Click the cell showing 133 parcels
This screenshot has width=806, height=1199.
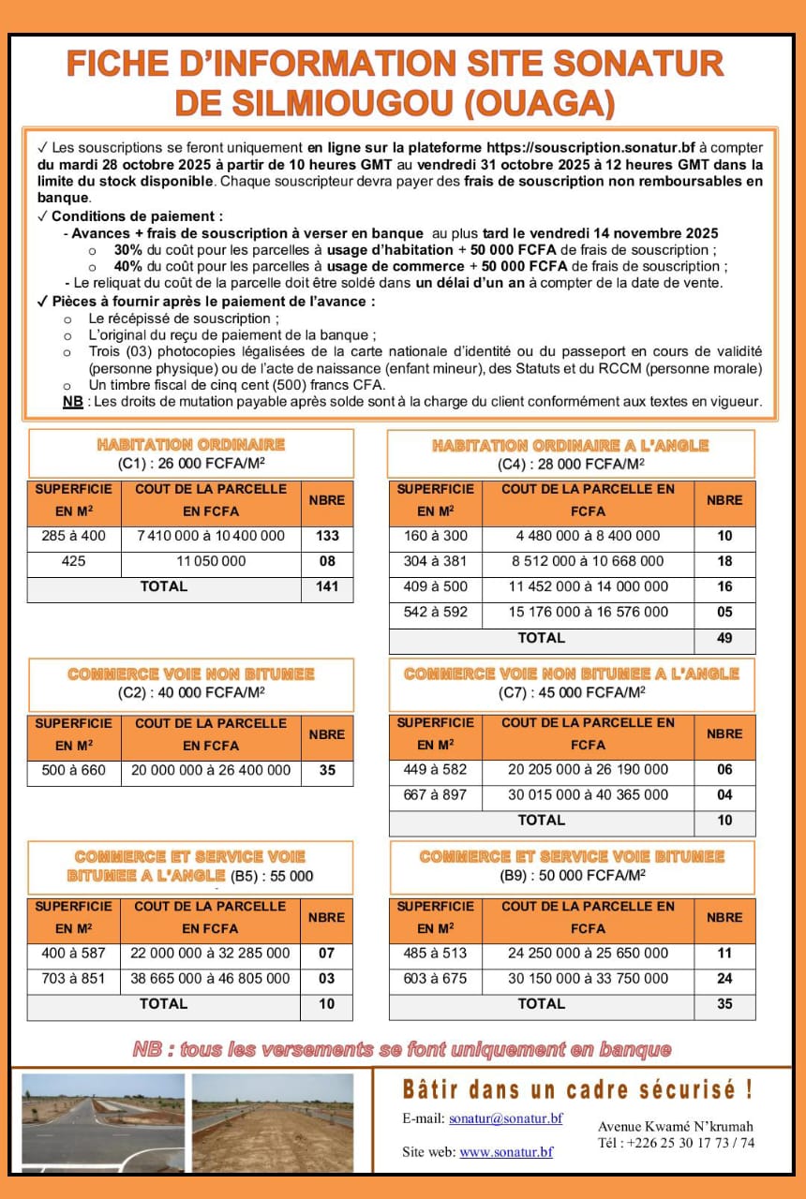point(326,536)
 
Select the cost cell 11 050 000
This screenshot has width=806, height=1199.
point(210,561)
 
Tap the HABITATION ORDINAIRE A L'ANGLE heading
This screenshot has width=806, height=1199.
point(570,446)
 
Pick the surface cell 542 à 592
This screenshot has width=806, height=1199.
point(435,612)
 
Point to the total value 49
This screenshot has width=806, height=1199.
point(724,638)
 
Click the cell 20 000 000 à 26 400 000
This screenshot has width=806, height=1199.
point(210,770)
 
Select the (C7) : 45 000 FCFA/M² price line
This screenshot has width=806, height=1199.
point(572,692)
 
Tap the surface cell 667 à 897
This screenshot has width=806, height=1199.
point(435,794)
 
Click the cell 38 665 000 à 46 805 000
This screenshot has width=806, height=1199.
point(210,978)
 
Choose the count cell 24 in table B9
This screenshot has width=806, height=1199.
point(724,978)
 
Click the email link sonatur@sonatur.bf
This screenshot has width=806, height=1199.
point(505,1118)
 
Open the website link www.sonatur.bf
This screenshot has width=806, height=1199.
point(505,1152)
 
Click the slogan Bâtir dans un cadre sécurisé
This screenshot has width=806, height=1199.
point(577,1090)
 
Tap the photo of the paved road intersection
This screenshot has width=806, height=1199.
point(103,1123)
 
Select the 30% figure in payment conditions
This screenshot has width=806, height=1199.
point(127,250)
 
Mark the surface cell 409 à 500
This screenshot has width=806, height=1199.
point(435,586)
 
